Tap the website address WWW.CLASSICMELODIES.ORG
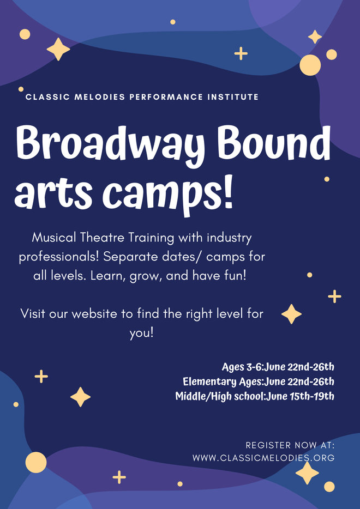263,458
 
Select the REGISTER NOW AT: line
290,445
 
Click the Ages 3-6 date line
278,367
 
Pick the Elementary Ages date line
259,381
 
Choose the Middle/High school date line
255,396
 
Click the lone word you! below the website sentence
141,333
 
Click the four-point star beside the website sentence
291,314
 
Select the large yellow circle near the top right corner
310,65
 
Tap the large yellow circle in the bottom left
36,462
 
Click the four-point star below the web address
307,473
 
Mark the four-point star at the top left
58,50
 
